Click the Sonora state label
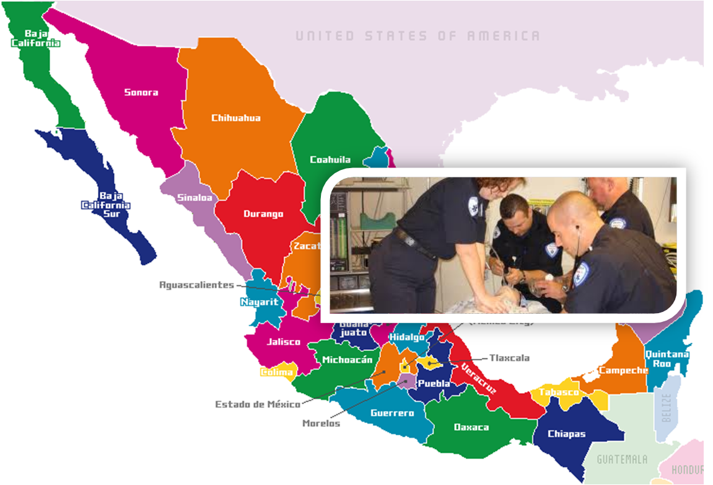[141, 92]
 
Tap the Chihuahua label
[235, 118]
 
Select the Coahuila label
[330, 159]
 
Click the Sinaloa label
[195, 198]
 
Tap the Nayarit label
[259, 303]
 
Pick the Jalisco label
[283, 342]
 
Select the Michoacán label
[348, 360]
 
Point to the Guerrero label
[392, 412]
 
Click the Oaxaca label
[471, 427]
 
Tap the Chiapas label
[567, 434]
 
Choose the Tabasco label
[558, 392]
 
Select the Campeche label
[623, 370]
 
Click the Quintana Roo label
[667, 358]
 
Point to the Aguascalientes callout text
[197, 285]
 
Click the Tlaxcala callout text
[509, 358]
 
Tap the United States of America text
[417, 36]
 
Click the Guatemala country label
[622, 460]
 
